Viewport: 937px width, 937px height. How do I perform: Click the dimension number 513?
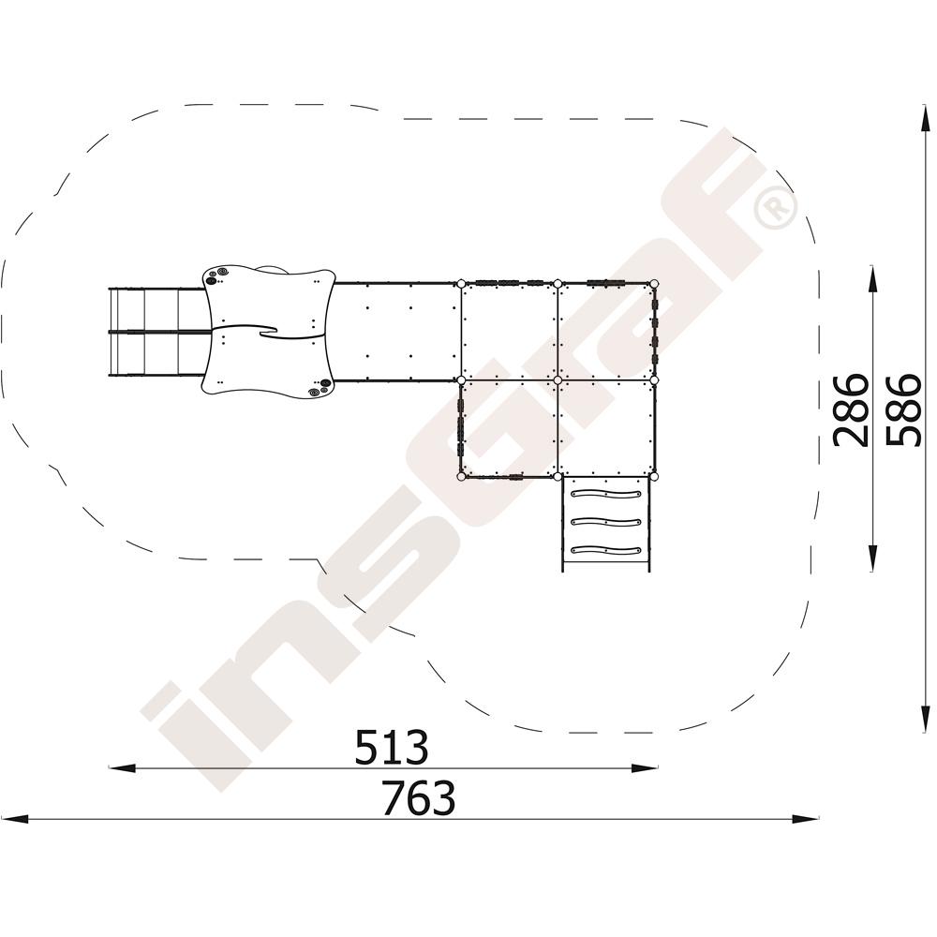coord(392,747)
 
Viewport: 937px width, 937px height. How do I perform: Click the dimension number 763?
coord(419,797)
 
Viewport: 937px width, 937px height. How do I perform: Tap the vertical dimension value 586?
coord(901,410)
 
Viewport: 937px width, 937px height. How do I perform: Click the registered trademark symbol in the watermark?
coord(776,206)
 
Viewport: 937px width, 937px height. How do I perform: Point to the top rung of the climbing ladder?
coord(606,494)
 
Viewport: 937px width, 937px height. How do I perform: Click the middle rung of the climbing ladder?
coord(606,522)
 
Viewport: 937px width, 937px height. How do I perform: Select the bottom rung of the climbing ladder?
coord(606,550)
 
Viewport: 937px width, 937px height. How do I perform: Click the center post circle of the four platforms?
coord(558,380)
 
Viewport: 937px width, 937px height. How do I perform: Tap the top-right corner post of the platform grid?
coord(654,283)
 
